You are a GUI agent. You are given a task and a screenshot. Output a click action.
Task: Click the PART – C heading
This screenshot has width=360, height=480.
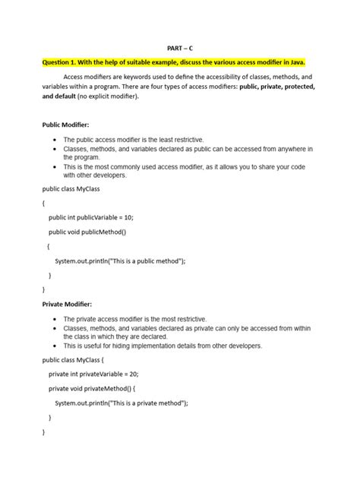179,46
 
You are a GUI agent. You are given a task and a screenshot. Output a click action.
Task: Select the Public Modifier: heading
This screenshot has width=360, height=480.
66,123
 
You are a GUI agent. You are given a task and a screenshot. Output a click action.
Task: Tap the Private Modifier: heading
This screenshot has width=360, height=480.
67,303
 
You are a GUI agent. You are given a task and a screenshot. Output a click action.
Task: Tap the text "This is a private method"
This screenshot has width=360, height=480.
147,403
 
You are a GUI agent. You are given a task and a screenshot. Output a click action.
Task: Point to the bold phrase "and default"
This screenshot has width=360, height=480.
58,97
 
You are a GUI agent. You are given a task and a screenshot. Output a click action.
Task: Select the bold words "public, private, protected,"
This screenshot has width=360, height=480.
276,87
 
